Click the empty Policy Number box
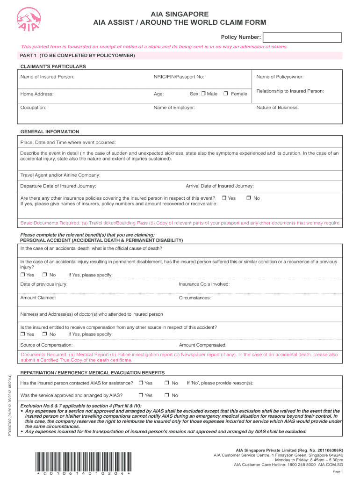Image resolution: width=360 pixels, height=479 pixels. point(302,37)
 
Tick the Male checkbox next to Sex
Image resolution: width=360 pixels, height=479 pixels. point(203,94)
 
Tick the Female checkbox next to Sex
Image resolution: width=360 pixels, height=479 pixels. point(225,94)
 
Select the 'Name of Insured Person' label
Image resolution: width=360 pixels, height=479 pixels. point(47,77)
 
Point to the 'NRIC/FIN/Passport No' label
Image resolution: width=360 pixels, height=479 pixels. point(179,77)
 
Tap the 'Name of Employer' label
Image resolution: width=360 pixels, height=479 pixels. point(174,108)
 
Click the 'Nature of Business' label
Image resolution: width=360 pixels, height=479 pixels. point(278,108)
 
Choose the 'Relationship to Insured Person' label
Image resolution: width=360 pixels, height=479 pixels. point(290,91)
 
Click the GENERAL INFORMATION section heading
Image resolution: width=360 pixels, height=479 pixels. point(50,132)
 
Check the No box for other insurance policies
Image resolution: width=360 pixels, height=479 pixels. point(249,198)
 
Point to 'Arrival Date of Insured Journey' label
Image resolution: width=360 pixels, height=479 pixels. point(220,186)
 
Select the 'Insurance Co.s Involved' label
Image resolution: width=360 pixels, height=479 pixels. point(204,284)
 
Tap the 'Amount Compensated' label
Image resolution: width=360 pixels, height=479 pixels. point(202,345)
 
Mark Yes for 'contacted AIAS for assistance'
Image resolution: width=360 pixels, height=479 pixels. point(141,383)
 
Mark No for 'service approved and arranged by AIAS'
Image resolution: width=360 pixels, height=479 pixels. point(167,395)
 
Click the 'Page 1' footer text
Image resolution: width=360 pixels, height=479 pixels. point(338,472)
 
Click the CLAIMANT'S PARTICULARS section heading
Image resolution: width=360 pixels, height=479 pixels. point(53,66)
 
